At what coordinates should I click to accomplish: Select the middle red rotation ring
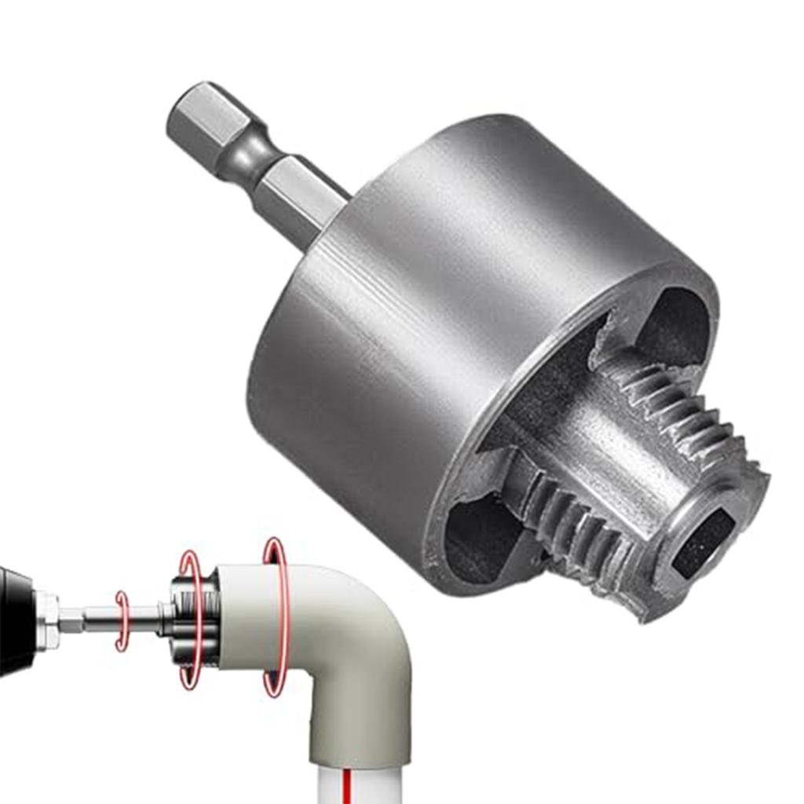pos(191,620)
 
